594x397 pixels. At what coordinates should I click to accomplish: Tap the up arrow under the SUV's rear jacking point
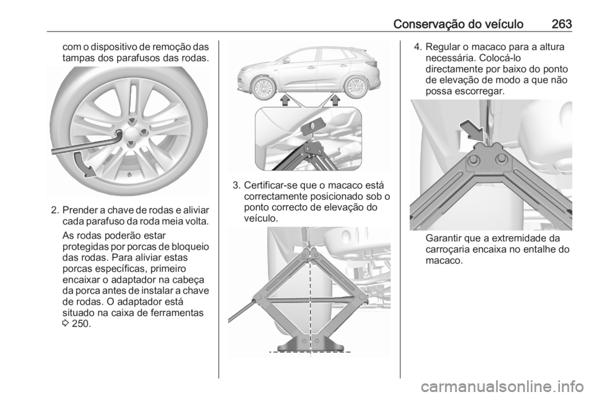337,100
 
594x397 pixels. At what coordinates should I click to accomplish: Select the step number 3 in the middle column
235,186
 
